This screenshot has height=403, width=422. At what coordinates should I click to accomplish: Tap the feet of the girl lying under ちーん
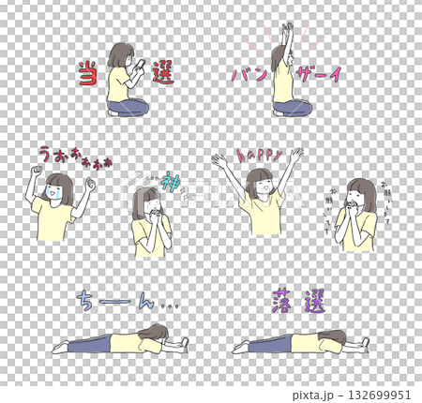tap(59, 346)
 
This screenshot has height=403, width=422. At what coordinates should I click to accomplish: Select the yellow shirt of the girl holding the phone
tap(118, 86)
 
